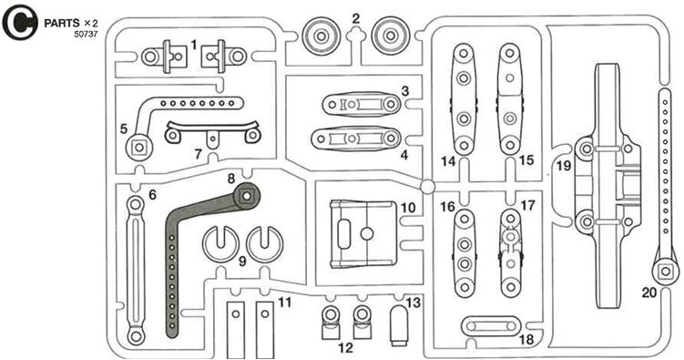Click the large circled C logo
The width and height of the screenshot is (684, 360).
point(20,22)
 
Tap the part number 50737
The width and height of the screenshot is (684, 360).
point(86,34)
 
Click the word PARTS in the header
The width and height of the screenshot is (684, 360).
point(62,23)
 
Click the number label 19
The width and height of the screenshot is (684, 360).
point(564,166)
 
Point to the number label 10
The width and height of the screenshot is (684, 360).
point(408,207)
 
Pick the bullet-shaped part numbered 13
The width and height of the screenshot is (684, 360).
point(399,325)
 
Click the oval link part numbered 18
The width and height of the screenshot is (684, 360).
point(491,326)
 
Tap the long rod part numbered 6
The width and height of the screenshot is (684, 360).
point(135,271)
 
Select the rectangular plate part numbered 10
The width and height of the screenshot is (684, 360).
point(362,233)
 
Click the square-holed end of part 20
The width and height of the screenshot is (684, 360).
point(665,272)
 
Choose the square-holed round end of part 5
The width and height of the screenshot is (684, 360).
point(138,148)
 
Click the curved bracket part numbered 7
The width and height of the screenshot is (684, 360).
point(212,132)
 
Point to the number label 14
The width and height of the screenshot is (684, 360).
point(447,161)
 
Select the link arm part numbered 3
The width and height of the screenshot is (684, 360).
point(362,104)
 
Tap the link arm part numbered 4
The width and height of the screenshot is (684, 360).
point(355,139)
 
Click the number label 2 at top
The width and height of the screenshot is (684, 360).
point(356,18)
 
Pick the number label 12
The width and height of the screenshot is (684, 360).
point(345,348)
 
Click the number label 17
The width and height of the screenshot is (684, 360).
point(527,205)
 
